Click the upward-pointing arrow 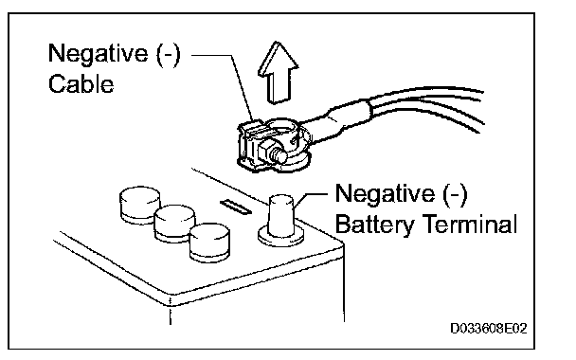coord(279,74)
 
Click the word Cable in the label coord(81,83)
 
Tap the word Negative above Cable coord(98,54)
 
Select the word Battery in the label coord(374,225)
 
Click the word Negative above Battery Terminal coord(385,194)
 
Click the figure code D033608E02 coord(489,328)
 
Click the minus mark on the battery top coord(236,207)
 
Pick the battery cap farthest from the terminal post coord(139,205)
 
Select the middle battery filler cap coord(174,223)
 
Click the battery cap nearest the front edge coord(209,243)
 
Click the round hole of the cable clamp coord(281,129)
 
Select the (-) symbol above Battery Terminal coord(455,195)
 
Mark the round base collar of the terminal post coord(281,236)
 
